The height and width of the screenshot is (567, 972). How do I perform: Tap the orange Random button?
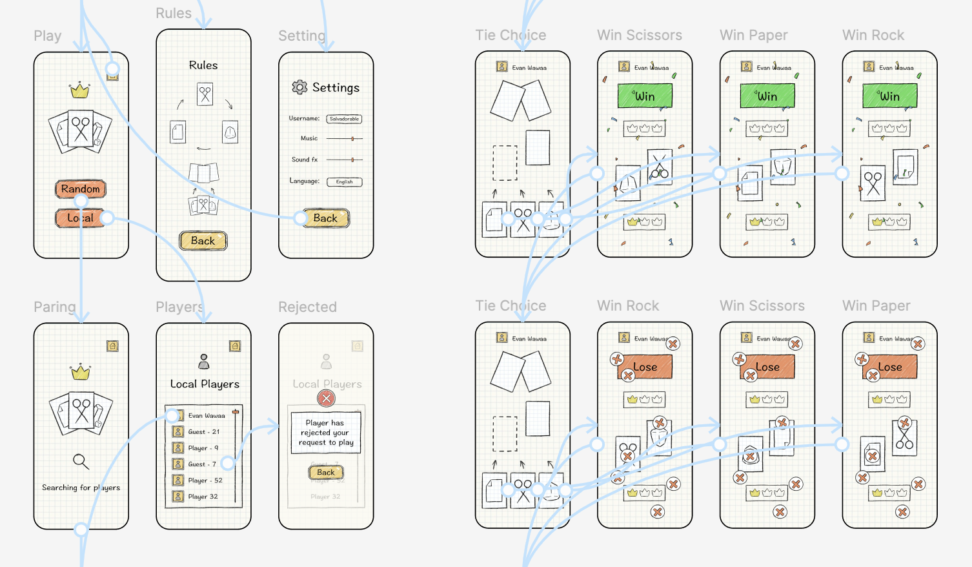click(81, 189)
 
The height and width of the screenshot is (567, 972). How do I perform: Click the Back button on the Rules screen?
click(203, 241)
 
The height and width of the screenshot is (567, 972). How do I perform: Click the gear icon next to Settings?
click(299, 87)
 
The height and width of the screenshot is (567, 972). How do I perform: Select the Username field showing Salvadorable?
click(344, 119)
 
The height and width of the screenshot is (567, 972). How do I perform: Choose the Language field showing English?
click(344, 182)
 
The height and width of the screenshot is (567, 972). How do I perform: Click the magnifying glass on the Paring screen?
click(81, 461)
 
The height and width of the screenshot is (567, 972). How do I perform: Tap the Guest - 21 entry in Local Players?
click(203, 432)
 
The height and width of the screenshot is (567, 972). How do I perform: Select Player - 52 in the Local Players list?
click(205, 480)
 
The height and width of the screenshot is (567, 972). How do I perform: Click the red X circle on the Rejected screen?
click(327, 398)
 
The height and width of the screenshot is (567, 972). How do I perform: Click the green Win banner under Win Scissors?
click(645, 96)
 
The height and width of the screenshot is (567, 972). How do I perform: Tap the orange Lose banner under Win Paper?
click(889, 367)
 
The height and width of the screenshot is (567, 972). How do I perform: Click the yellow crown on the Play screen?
click(80, 90)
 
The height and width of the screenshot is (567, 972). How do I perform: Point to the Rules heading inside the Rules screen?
click(203, 65)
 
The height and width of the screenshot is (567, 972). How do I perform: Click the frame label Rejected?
click(307, 307)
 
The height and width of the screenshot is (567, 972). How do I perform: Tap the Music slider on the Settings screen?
click(345, 139)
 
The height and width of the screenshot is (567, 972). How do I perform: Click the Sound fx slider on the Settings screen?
click(345, 160)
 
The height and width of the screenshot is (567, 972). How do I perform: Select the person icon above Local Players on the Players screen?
click(204, 361)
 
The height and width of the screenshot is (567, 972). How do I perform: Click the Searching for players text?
click(81, 488)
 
